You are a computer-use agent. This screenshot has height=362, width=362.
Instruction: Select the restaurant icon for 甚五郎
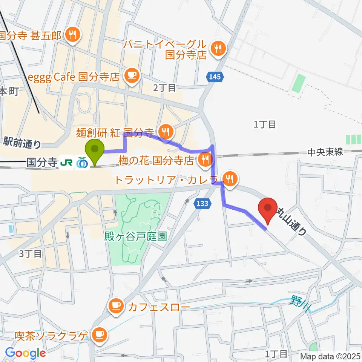tap(71, 35)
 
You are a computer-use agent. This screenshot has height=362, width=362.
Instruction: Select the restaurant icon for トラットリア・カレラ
tap(229, 177)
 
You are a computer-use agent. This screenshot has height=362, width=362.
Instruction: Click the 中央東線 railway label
tap(325, 152)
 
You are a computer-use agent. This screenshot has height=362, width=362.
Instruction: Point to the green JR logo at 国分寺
tap(67, 163)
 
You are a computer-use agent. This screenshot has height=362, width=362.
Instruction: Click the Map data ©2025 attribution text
tap(330, 356)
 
